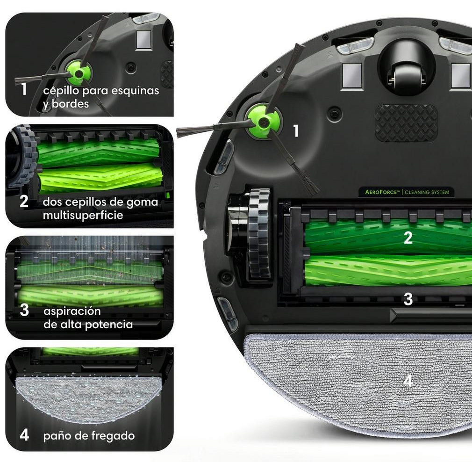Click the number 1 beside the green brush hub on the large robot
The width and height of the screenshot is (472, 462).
tap(296, 131)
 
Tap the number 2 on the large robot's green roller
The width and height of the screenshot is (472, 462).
tap(408, 238)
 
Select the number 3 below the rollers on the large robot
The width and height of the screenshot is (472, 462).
tap(408, 299)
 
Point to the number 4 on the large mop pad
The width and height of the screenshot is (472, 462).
tap(408, 381)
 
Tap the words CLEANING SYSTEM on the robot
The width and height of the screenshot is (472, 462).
tap(427, 192)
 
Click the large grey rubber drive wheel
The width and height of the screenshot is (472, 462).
tap(258, 233)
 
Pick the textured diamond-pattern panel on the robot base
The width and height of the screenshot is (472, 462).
tap(407, 123)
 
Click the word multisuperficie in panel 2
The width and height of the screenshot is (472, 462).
tap(83, 216)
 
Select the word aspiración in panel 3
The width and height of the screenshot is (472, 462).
tap(72, 311)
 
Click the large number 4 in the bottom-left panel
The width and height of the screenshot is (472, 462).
tap(24, 435)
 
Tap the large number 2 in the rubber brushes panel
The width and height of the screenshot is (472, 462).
tap(24, 201)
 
